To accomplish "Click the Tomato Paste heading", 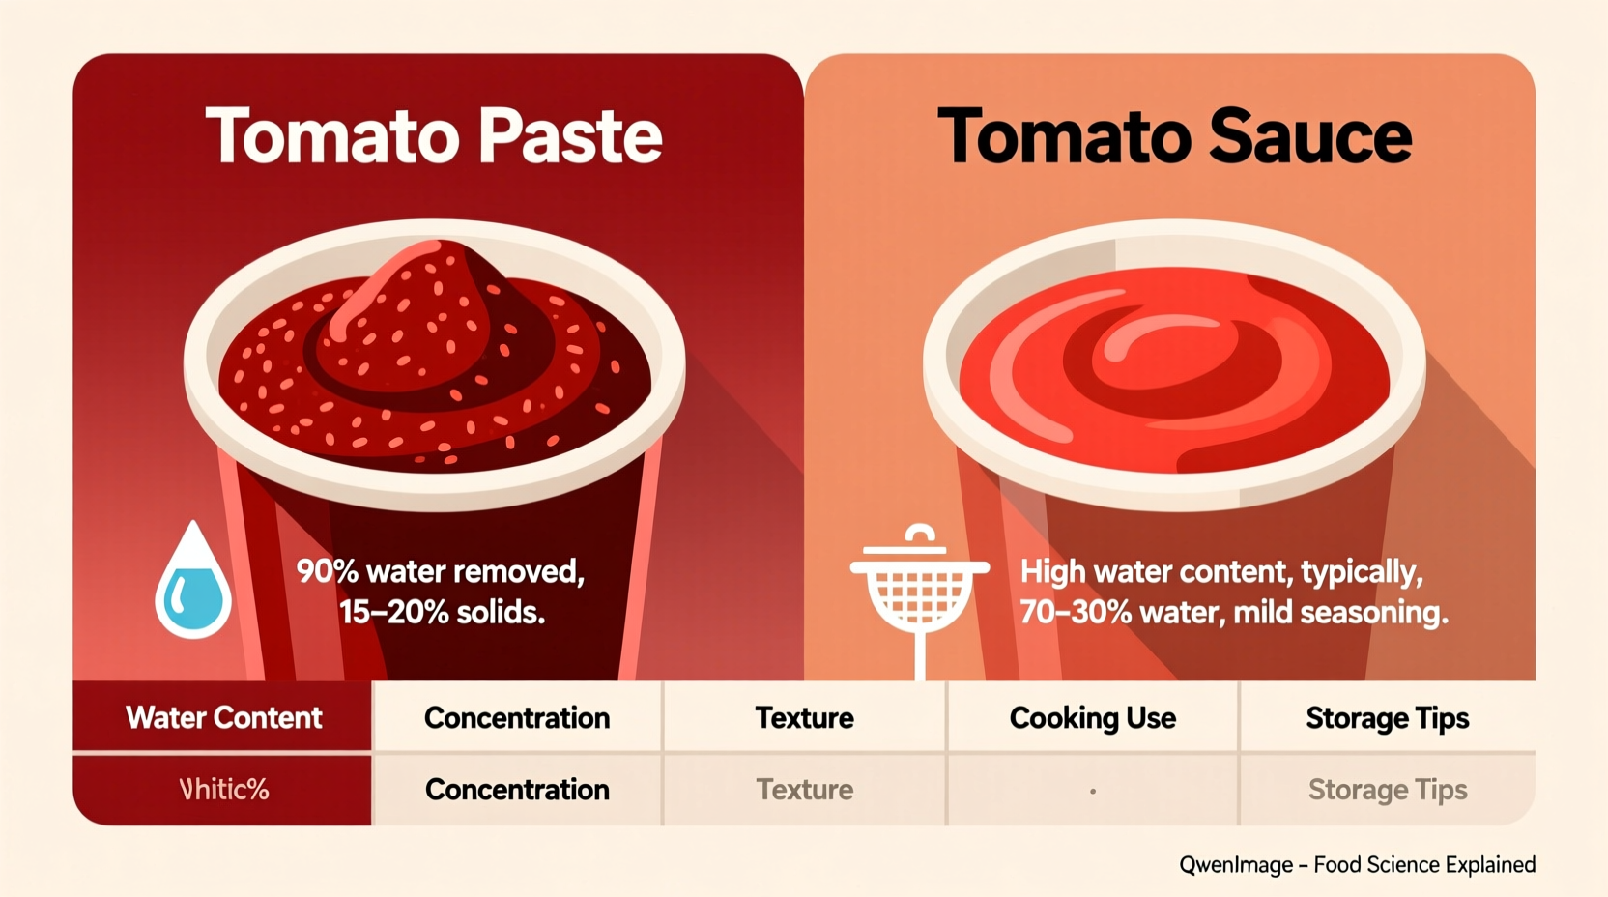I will pyautogui.click(x=434, y=135).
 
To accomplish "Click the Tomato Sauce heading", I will pyautogui.click(x=1174, y=135).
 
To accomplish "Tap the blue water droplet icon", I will pyautogui.click(x=193, y=583).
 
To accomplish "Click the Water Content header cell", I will pyautogui.click(x=223, y=717).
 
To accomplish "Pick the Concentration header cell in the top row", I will pyautogui.click(x=517, y=717).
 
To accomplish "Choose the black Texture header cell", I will pyautogui.click(x=804, y=717).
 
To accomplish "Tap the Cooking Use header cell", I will pyautogui.click(x=1093, y=717).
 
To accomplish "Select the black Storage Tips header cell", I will pyautogui.click(x=1387, y=717).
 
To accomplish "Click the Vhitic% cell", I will pyautogui.click(x=223, y=790).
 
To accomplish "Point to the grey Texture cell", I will pyautogui.click(x=804, y=790).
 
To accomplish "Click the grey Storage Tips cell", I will pyautogui.click(x=1387, y=790).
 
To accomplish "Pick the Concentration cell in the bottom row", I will pyautogui.click(x=517, y=790).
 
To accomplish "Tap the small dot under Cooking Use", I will pyautogui.click(x=1093, y=791).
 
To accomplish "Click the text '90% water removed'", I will pyautogui.click(x=440, y=571).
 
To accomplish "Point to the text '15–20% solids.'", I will pyautogui.click(x=442, y=612).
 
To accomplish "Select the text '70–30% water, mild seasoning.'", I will pyautogui.click(x=1233, y=612).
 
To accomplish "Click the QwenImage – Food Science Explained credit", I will pyautogui.click(x=1357, y=864).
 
